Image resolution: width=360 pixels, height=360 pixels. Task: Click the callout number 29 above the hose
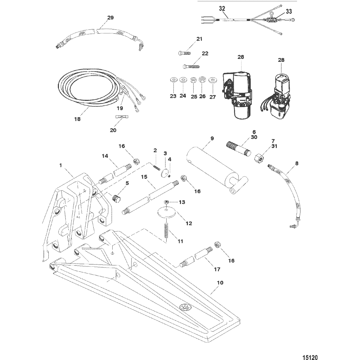[x=110, y=18]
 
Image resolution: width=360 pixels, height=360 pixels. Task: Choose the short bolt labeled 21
[x=185, y=52]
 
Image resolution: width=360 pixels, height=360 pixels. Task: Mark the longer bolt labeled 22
[x=191, y=66]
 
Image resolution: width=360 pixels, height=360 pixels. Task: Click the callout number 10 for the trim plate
[x=220, y=282]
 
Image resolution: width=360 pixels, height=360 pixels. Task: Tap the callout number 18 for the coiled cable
[x=77, y=119]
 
